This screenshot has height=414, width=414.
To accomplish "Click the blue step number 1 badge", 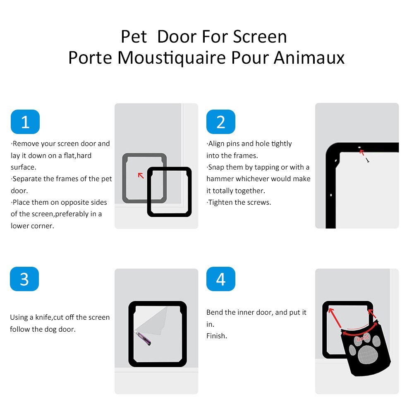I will [25, 122].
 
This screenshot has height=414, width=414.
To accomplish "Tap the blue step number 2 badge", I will [220, 122].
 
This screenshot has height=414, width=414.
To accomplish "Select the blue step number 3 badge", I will [24, 279].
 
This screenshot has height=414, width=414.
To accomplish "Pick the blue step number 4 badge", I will [220, 279].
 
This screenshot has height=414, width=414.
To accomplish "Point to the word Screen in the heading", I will [260, 37].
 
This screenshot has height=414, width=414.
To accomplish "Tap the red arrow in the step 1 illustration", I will [141, 175].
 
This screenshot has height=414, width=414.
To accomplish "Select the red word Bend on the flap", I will [361, 338].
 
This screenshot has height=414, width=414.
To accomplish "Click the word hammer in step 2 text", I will [220, 179].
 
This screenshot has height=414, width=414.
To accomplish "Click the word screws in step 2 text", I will [259, 202].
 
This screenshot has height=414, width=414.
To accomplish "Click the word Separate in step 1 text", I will [27, 179].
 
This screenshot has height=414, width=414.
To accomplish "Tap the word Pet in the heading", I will [134, 37].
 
